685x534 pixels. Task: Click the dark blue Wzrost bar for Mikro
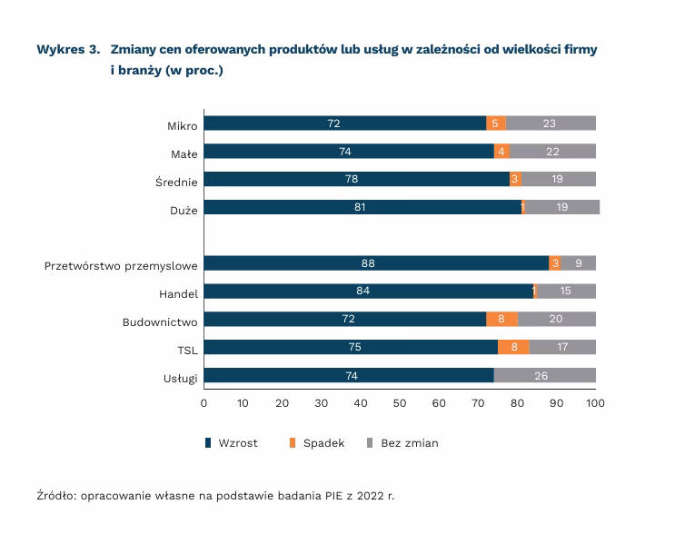tap(345, 124)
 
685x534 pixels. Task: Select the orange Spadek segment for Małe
tap(501, 152)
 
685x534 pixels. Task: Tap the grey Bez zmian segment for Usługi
tap(545, 376)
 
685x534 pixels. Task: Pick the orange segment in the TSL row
tap(514, 348)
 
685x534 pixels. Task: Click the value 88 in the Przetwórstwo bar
tap(368, 263)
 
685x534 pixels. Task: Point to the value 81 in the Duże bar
tap(360, 208)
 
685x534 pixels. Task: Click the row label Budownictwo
tap(160, 321)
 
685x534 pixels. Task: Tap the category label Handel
tap(178, 292)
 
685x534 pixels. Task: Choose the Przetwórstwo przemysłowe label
tap(121, 265)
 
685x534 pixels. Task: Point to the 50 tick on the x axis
tap(400, 403)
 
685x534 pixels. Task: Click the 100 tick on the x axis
tap(596, 403)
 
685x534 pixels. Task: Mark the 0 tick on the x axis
tap(204, 403)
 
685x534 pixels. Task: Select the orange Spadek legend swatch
tap(293, 443)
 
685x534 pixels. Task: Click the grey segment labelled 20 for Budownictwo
tap(556, 320)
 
